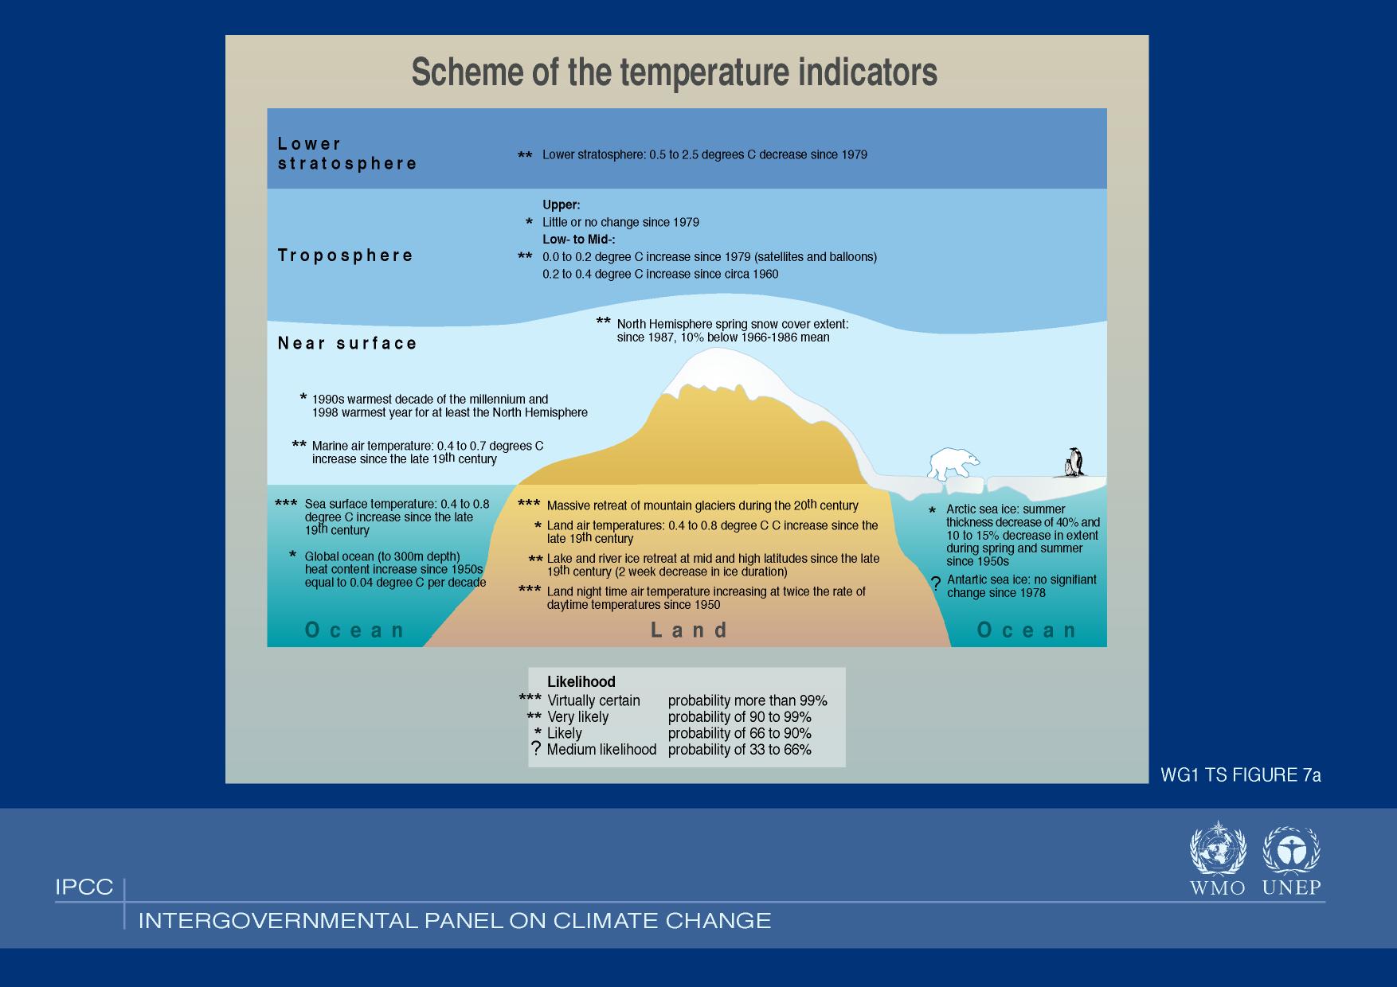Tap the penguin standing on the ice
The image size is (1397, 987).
click(1074, 462)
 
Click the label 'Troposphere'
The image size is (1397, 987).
click(346, 256)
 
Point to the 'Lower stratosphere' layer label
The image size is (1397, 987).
click(347, 154)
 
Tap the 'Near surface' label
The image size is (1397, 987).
click(347, 343)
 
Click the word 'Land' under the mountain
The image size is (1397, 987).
click(690, 630)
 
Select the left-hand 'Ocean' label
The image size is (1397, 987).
click(355, 630)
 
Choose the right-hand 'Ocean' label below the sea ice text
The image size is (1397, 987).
click(1027, 630)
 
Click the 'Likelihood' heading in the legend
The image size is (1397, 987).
click(581, 682)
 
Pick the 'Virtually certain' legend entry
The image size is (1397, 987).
click(593, 700)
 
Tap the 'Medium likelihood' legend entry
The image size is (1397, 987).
click(601, 750)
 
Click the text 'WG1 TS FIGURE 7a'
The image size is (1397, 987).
click(1241, 775)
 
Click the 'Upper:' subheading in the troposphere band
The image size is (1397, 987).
click(562, 205)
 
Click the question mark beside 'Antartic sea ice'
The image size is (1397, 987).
click(936, 584)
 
